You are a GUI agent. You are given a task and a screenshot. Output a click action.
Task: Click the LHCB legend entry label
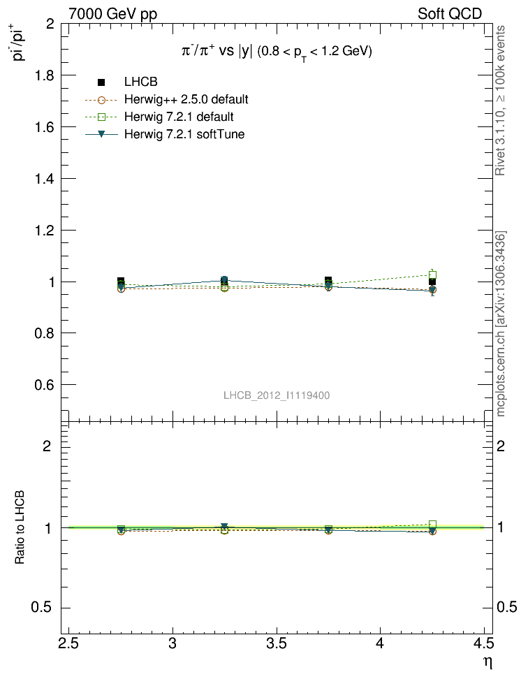(x=141, y=82)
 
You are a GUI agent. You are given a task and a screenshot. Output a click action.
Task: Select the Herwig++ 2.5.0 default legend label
(x=186, y=99)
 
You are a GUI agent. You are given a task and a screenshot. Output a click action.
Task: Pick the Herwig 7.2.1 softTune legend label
(x=184, y=133)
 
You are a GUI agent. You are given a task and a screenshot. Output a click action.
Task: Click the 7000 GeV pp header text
(x=112, y=13)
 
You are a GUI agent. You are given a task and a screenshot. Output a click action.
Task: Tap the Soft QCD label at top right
(x=450, y=13)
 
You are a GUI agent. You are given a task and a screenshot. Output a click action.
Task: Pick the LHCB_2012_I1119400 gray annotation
(x=277, y=395)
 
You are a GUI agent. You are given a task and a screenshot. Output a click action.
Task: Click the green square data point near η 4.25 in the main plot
(x=432, y=275)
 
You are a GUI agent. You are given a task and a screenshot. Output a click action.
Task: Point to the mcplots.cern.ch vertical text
(x=501, y=323)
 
